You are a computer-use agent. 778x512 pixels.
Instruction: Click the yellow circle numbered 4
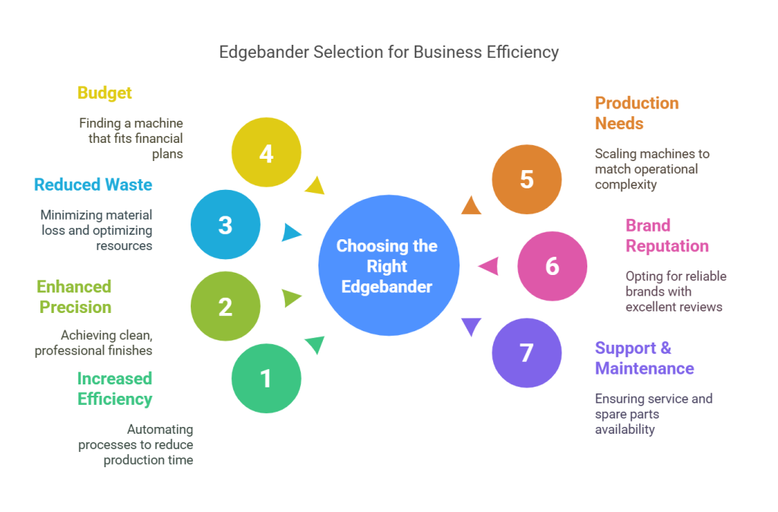[266, 153]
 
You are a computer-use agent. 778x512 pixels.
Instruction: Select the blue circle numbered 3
[226, 225]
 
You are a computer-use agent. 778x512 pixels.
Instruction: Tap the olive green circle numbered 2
[226, 306]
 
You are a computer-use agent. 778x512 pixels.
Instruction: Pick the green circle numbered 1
[266, 378]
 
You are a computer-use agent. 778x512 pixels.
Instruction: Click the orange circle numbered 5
[527, 179]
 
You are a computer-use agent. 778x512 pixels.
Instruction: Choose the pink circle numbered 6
[552, 266]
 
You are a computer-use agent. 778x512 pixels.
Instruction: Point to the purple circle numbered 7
[527, 352]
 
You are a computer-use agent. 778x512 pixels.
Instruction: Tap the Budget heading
[105, 93]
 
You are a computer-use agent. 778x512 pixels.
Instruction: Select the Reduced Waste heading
[93, 185]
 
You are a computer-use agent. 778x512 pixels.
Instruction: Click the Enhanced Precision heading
[74, 297]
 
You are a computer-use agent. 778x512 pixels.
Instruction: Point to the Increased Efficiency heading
[115, 389]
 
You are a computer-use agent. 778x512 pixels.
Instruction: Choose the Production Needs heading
[637, 113]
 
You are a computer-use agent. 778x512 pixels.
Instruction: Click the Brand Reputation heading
[666, 235]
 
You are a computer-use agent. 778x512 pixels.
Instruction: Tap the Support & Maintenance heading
[644, 359]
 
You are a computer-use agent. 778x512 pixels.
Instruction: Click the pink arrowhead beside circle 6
[489, 266]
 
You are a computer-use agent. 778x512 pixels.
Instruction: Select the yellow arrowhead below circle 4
[314, 185]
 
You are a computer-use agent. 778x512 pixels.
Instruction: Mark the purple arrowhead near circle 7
[472, 326]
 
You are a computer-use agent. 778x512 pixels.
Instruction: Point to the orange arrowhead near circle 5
[471, 206]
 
